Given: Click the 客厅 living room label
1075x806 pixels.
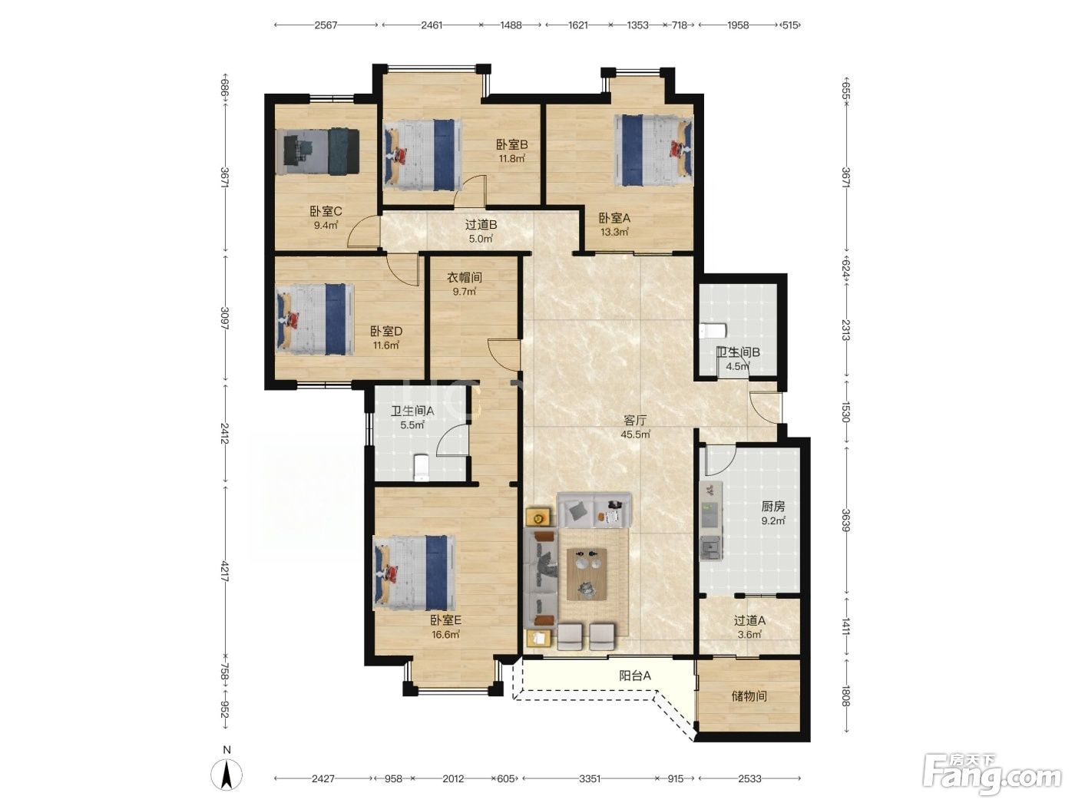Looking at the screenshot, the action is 635,420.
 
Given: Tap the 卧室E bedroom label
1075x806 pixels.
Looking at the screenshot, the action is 445,620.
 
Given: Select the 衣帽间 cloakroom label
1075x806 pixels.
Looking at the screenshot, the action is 465,277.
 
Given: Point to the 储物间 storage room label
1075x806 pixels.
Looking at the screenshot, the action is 749,695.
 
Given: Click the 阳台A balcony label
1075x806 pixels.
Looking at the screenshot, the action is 635,676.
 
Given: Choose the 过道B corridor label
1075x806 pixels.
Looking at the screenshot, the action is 481,225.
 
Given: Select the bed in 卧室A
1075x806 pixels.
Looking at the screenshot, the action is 653,150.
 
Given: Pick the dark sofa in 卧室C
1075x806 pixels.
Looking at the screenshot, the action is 343,151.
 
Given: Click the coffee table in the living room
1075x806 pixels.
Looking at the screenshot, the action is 587,574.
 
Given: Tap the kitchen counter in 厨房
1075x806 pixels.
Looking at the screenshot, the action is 710,521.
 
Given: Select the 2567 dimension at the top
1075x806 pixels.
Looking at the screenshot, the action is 326,25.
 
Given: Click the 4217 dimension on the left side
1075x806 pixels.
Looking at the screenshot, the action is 225,571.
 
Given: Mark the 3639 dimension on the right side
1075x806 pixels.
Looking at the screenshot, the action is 846,520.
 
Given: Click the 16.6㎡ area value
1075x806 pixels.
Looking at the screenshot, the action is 445,635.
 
